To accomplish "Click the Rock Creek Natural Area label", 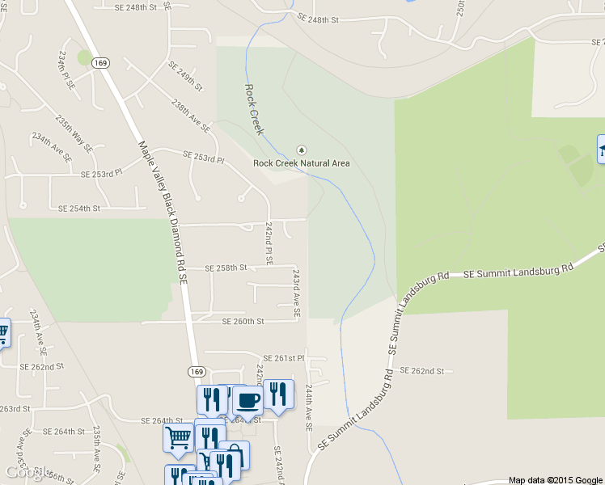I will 302,163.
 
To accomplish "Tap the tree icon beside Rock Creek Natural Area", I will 302,150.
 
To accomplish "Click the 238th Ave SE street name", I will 191,116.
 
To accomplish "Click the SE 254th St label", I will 78,209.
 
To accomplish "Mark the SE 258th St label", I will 225,268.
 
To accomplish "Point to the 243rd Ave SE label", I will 297,289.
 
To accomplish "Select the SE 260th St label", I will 243,322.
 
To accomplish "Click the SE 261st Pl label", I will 283,358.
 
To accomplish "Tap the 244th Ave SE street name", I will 308,407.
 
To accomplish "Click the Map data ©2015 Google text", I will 555,480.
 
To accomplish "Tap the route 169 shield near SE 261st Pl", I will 197,371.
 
